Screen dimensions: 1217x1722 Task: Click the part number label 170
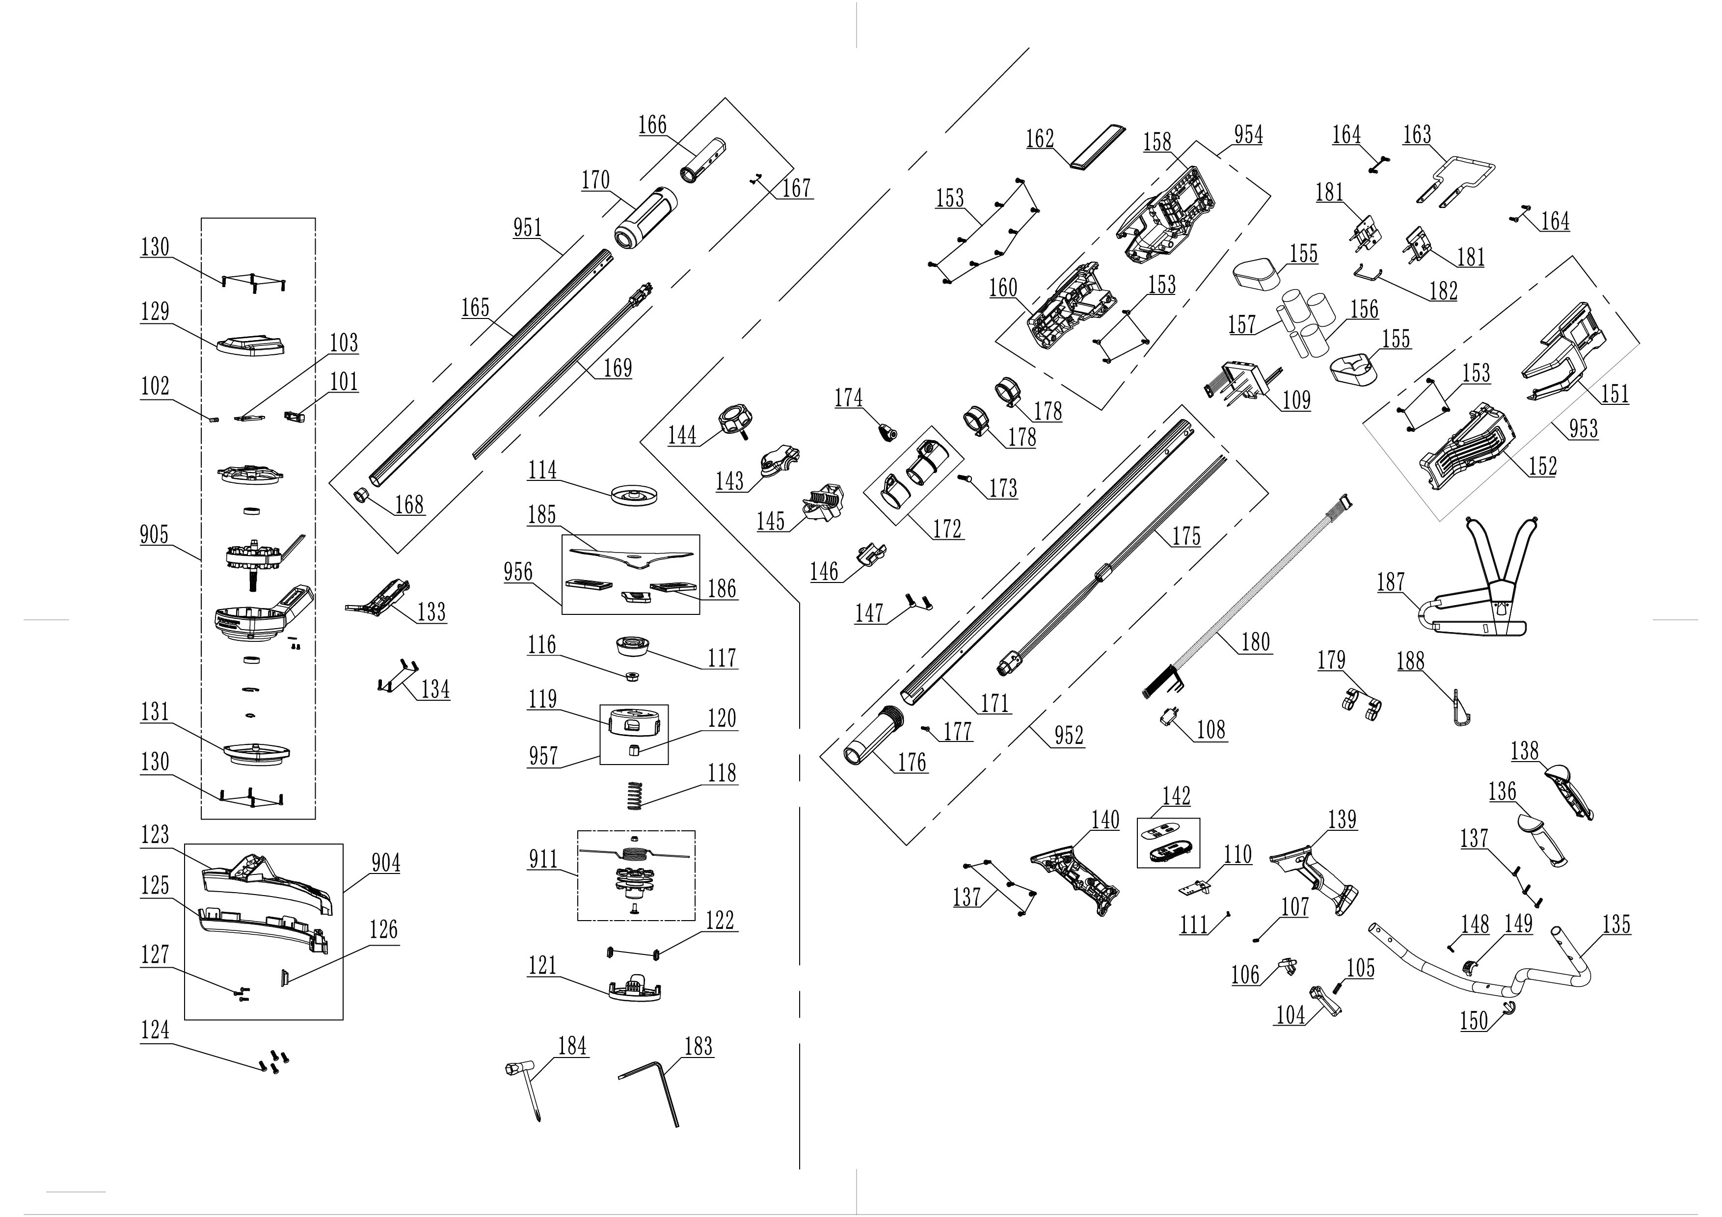pyautogui.click(x=595, y=181)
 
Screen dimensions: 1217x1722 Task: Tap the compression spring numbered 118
pyautogui.click(x=635, y=795)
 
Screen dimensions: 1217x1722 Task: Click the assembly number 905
pyautogui.click(x=155, y=535)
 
